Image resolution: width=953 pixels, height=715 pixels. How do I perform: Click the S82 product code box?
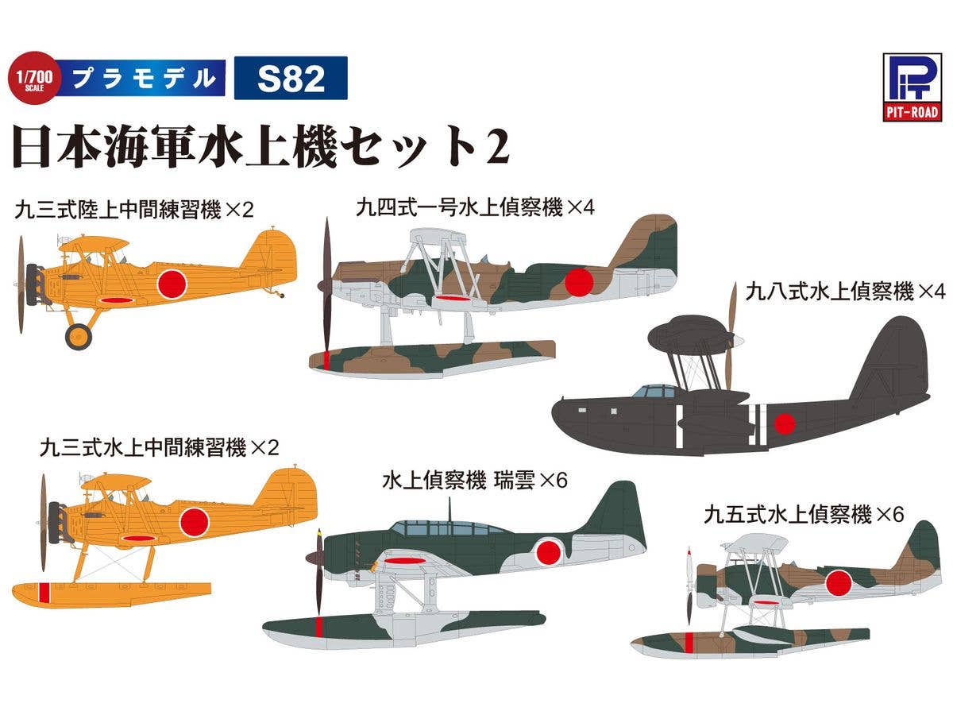coord(290,78)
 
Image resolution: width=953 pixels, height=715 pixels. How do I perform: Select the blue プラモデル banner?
coord(143,78)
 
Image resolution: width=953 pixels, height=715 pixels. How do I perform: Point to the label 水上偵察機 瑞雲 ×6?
coord(475,481)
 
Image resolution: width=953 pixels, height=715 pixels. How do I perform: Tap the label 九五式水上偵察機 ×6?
coord(804,515)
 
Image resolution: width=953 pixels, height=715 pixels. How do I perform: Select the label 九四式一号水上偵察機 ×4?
coord(476,208)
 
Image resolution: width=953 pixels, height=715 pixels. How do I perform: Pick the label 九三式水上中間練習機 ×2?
coord(160,447)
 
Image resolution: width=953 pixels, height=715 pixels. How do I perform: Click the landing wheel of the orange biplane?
coord(79,336)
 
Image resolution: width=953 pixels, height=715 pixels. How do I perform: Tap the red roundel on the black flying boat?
coord(785,425)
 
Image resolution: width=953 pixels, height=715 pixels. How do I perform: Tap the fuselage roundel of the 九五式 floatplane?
coord(839,584)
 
